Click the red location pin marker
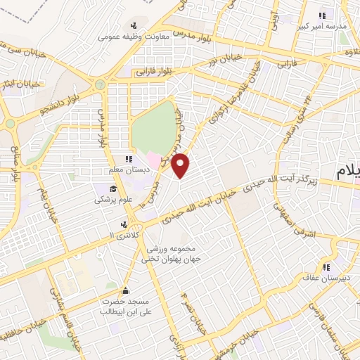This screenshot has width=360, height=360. click(182, 166)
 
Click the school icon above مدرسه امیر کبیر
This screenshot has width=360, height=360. click(323, 15)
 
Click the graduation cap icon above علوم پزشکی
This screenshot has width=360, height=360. click(112, 189)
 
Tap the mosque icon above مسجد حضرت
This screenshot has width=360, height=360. click(125, 290)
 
